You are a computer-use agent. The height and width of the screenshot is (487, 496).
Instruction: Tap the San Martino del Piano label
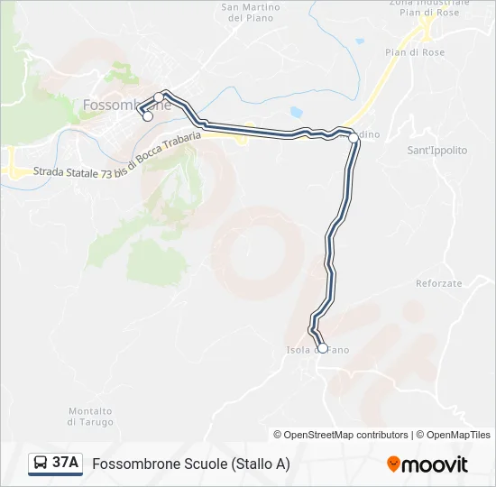pos(250,13)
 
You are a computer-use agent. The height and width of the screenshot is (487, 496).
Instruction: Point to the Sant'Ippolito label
pos(437,151)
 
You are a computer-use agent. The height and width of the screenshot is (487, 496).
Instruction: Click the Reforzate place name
pos(439,283)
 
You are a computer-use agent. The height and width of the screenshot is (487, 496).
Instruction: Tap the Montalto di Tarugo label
pos(90,417)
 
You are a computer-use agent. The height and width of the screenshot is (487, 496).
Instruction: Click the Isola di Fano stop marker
pos(323,348)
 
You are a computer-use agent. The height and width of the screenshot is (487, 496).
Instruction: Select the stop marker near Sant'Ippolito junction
pos(354,138)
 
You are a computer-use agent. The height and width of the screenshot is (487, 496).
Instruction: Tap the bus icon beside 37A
pos(41,464)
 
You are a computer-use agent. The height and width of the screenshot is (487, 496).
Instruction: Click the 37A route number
pos(66,464)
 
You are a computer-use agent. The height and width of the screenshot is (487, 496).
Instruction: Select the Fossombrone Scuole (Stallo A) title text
pos(191,464)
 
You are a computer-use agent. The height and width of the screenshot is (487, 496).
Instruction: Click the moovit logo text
pos(435,464)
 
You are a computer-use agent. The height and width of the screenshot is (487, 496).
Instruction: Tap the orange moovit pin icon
pos(393,464)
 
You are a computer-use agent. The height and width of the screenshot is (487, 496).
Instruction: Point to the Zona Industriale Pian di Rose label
pos(424,8)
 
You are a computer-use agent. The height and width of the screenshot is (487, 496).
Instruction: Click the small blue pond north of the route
pos(297,113)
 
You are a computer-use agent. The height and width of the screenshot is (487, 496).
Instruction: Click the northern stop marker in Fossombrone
pos(159,97)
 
